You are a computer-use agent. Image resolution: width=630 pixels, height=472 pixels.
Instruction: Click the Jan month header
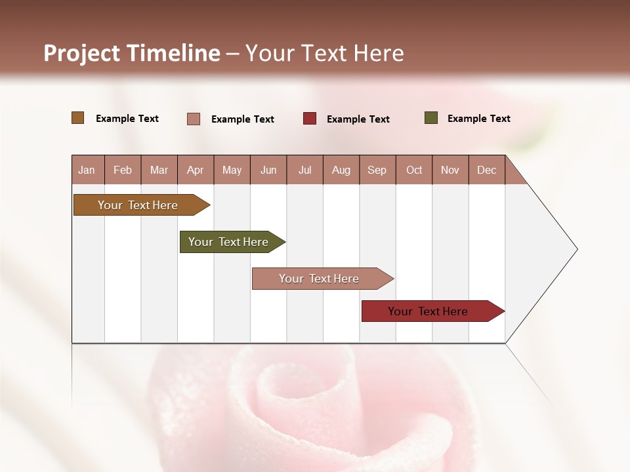[87, 170]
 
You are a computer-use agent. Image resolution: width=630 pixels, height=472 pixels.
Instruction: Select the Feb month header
[123, 170]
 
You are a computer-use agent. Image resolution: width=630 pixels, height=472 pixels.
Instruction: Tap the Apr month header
[196, 170]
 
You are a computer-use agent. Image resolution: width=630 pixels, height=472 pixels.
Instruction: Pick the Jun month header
[268, 170]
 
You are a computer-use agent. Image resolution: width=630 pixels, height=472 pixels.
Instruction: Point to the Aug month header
[341, 170]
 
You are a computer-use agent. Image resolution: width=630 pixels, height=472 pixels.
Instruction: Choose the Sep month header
[377, 170]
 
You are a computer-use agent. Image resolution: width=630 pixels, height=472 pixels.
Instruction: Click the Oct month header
[414, 170]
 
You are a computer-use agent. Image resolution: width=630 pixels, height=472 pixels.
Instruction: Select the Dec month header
[487, 170]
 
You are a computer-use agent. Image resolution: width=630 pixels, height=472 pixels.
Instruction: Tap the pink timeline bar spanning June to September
[320, 279]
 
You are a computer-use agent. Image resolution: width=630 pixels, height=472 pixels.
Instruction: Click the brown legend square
[78, 118]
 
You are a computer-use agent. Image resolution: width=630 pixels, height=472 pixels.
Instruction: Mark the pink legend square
[194, 119]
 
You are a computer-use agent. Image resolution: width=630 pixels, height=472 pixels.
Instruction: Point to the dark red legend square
[310, 119]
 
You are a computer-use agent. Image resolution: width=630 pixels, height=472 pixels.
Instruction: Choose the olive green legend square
[431, 118]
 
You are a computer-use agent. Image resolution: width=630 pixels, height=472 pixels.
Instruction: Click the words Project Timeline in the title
[132, 53]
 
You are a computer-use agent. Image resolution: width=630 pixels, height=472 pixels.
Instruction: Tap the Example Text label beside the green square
[479, 119]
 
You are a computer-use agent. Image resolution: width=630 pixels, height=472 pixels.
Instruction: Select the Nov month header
[450, 170]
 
